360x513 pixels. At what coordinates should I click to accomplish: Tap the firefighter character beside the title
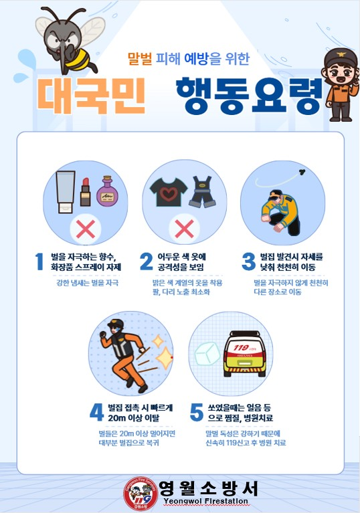pos(339,84)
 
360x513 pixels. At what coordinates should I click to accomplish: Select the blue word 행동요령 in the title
pos(247,96)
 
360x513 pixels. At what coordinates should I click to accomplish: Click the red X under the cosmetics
pos(86,229)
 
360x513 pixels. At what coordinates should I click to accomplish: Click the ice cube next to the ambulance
pos(208,356)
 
